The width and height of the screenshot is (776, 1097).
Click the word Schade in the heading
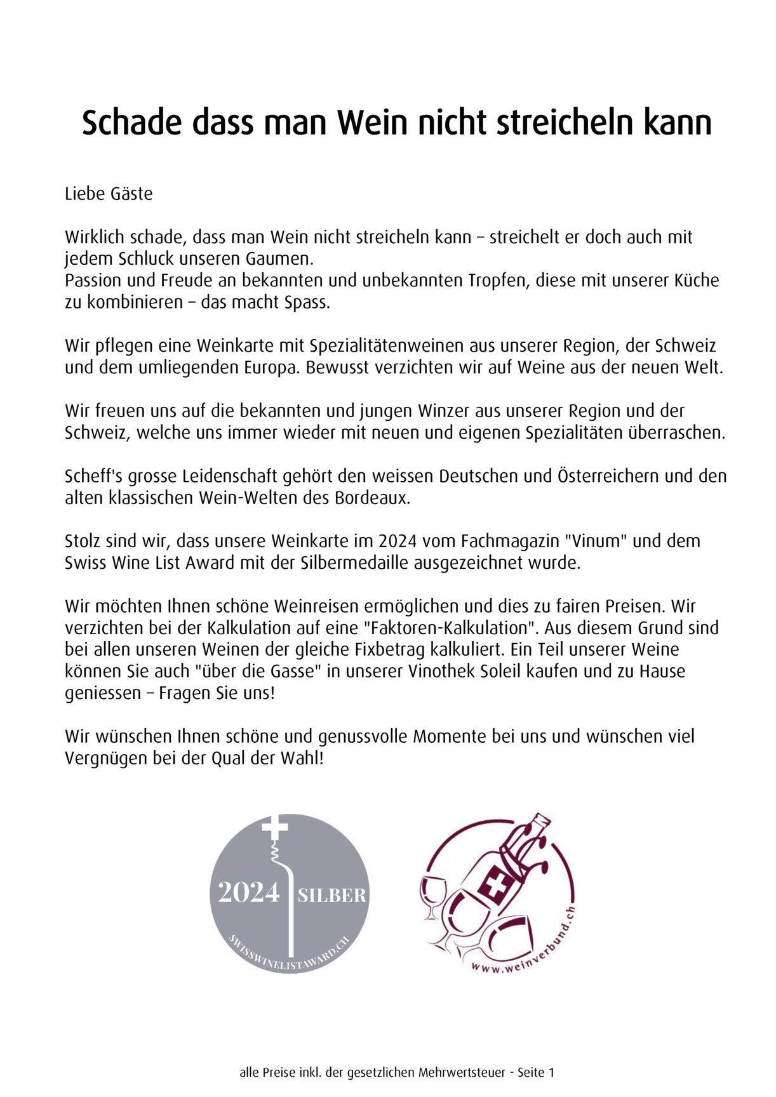pos(132,123)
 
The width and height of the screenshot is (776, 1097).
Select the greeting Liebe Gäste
pos(109,194)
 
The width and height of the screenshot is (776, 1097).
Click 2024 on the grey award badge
pos(249,893)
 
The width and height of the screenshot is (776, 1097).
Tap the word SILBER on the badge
pos(332,895)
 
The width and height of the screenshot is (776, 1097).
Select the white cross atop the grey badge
pos(274,827)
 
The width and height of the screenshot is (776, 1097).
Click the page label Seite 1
pos(536,1073)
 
